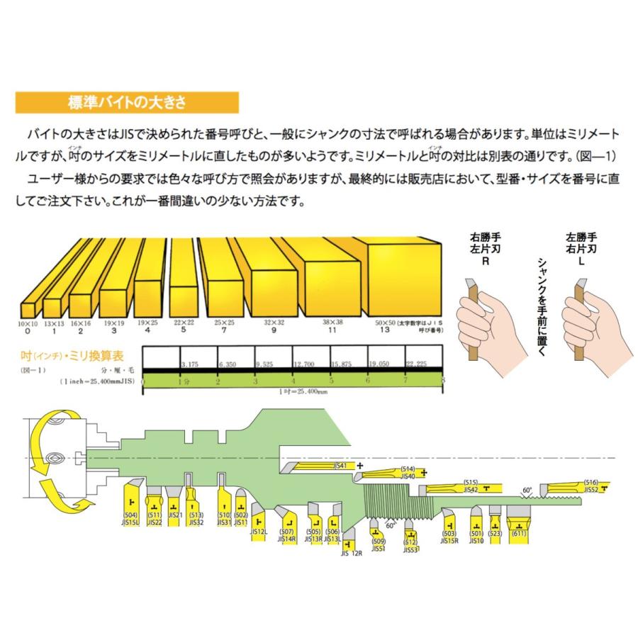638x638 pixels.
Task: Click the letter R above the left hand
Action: (x=486, y=261)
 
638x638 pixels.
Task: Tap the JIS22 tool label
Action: (x=155, y=523)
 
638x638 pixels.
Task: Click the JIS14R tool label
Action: (x=287, y=539)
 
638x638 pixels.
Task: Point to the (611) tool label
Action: (x=520, y=532)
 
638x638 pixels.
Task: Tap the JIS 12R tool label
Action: (x=352, y=553)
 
